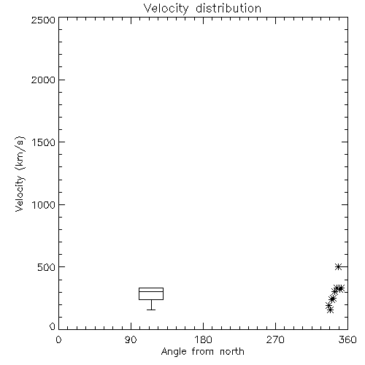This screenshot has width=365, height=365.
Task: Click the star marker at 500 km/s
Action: point(338,266)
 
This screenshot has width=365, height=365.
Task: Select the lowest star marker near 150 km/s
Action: point(330,310)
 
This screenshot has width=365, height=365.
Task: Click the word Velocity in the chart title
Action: point(166,9)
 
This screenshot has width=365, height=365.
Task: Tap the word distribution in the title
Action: point(228,8)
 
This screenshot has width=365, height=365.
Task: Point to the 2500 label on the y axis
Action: point(43,20)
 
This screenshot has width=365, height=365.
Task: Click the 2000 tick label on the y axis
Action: point(43,80)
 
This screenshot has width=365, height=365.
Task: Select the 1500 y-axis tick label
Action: point(44,142)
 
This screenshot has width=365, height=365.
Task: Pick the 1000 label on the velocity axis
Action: point(44,205)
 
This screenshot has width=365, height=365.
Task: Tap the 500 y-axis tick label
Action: point(47,267)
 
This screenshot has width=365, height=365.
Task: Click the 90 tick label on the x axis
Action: point(131,339)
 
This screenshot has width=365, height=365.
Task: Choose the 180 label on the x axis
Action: point(203,339)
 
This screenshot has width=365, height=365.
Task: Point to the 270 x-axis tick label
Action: point(275,339)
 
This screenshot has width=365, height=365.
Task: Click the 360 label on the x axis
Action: point(347,339)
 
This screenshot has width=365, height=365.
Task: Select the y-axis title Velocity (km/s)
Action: point(20,174)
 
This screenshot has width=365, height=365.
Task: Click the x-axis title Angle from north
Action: point(203,352)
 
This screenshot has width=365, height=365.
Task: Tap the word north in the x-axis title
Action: point(232,352)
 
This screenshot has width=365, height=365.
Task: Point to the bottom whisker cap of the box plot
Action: point(151,310)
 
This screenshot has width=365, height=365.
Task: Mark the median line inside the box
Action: point(151,291)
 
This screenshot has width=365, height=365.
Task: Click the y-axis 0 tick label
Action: point(53,326)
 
